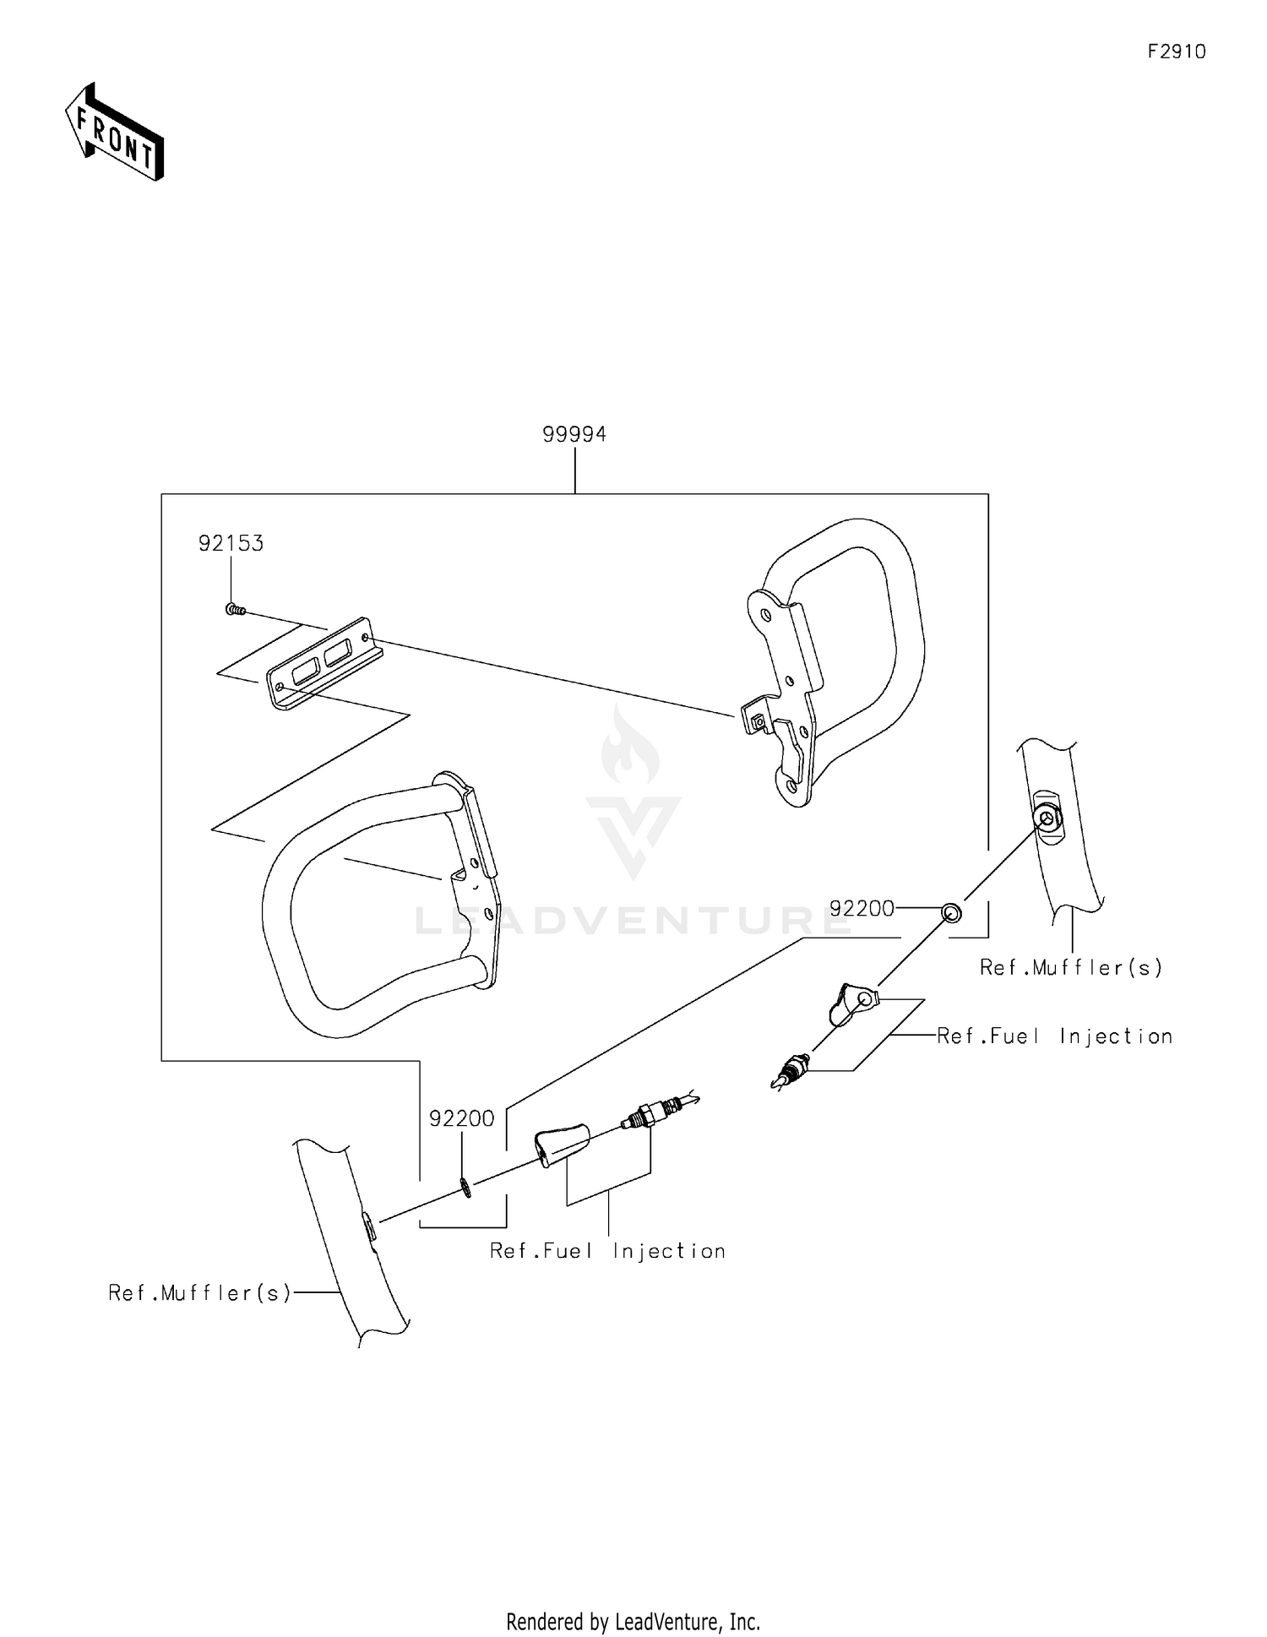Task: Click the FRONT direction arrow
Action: point(115,133)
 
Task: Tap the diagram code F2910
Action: point(1177,52)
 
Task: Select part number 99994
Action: point(574,434)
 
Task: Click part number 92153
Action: point(231,543)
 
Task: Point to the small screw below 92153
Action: point(236,609)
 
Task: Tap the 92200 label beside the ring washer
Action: point(862,909)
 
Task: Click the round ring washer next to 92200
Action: point(951,912)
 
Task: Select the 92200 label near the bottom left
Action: point(461,1118)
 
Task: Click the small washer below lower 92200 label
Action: point(466,1187)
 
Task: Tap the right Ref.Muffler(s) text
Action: point(1071,967)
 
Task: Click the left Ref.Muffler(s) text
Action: point(200,1292)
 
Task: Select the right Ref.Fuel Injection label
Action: point(1055,1036)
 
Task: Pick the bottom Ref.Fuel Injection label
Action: point(607,1251)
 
